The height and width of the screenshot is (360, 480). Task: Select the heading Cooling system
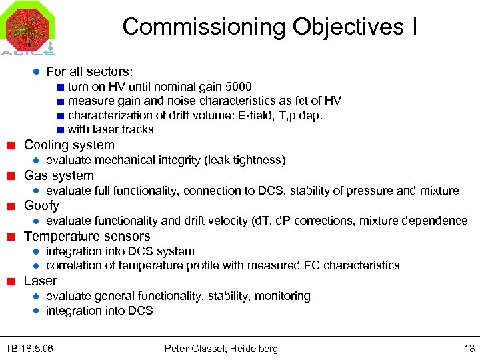[69, 145]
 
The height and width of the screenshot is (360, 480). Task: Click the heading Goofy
[41, 206]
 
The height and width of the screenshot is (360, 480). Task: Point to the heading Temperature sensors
[87, 237]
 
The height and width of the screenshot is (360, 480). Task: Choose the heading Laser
[41, 281]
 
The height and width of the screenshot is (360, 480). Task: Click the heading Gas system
[59, 176]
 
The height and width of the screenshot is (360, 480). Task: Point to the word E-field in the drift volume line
[249, 115]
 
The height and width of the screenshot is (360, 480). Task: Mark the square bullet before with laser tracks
[60, 130]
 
